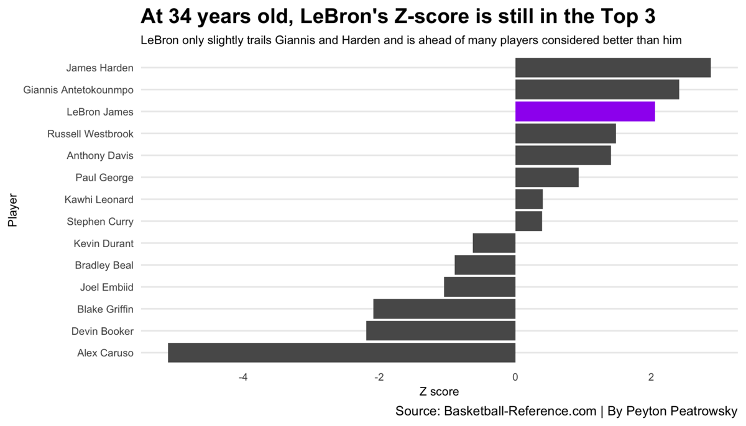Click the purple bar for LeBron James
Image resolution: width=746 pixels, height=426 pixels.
pos(585,112)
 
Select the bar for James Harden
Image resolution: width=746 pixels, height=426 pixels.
pos(612,68)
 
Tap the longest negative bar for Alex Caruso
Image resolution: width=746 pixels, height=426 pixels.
pos(341,353)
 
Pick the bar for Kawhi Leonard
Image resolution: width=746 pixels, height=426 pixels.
pos(529,199)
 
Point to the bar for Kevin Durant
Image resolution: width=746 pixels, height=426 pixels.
pos(494,243)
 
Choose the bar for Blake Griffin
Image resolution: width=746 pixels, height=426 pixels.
pos(444,309)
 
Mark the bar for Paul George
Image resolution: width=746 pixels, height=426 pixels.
pos(546,178)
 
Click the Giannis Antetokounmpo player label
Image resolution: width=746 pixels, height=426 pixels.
pos(78,90)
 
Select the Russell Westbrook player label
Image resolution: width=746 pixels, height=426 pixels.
pos(90,134)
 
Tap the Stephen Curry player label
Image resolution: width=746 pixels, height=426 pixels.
pos(100,221)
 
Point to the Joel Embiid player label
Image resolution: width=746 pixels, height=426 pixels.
pos(106,287)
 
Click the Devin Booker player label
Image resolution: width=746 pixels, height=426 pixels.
pos(103,331)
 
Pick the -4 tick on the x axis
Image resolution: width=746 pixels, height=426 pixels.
pos(243,377)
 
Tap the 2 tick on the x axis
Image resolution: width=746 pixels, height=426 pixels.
pos(651,377)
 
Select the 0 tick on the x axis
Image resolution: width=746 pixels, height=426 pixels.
pos(515,377)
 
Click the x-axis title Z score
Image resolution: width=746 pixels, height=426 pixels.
pos(439,392)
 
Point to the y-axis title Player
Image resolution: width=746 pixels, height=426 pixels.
pos(12,211)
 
